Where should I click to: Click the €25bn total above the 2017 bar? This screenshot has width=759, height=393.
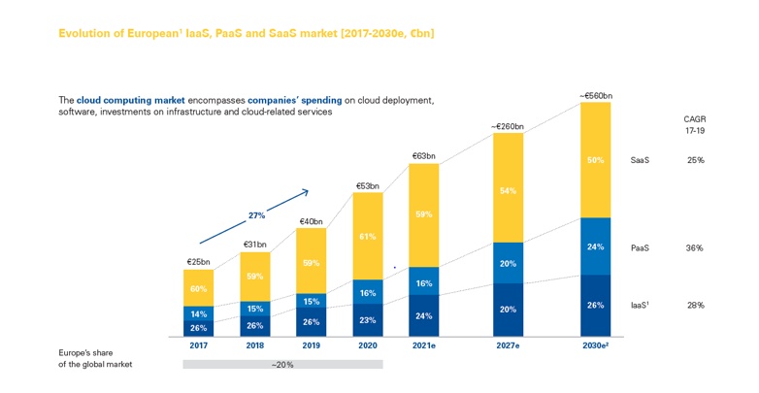(x=198, y=262)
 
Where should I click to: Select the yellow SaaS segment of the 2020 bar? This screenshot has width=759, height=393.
(x=367, y=236)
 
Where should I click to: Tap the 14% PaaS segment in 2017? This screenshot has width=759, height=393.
(x=198, y=313)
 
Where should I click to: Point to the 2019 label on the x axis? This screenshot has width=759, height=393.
(x=311, y=344)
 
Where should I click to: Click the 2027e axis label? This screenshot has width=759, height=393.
(x=509, y=344)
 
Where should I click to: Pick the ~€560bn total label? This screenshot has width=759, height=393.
(x=596, y=95)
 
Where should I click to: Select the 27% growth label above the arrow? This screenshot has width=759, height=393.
(x=256, y=215)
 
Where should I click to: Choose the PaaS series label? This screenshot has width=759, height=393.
(x=641, y=248)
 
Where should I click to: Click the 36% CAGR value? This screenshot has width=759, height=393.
(x=694, y=248)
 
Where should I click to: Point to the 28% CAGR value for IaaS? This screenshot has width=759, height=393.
(x=694, y=305)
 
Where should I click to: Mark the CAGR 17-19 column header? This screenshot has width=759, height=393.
(x=694, y=124)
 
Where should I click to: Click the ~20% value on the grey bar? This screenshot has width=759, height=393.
(x=282, y=364)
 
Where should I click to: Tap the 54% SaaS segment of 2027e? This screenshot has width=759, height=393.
(x=509, y=191)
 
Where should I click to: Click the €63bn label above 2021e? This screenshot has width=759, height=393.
(x=424, y=155)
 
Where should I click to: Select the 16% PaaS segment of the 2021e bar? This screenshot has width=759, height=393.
(x=424, y=283)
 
